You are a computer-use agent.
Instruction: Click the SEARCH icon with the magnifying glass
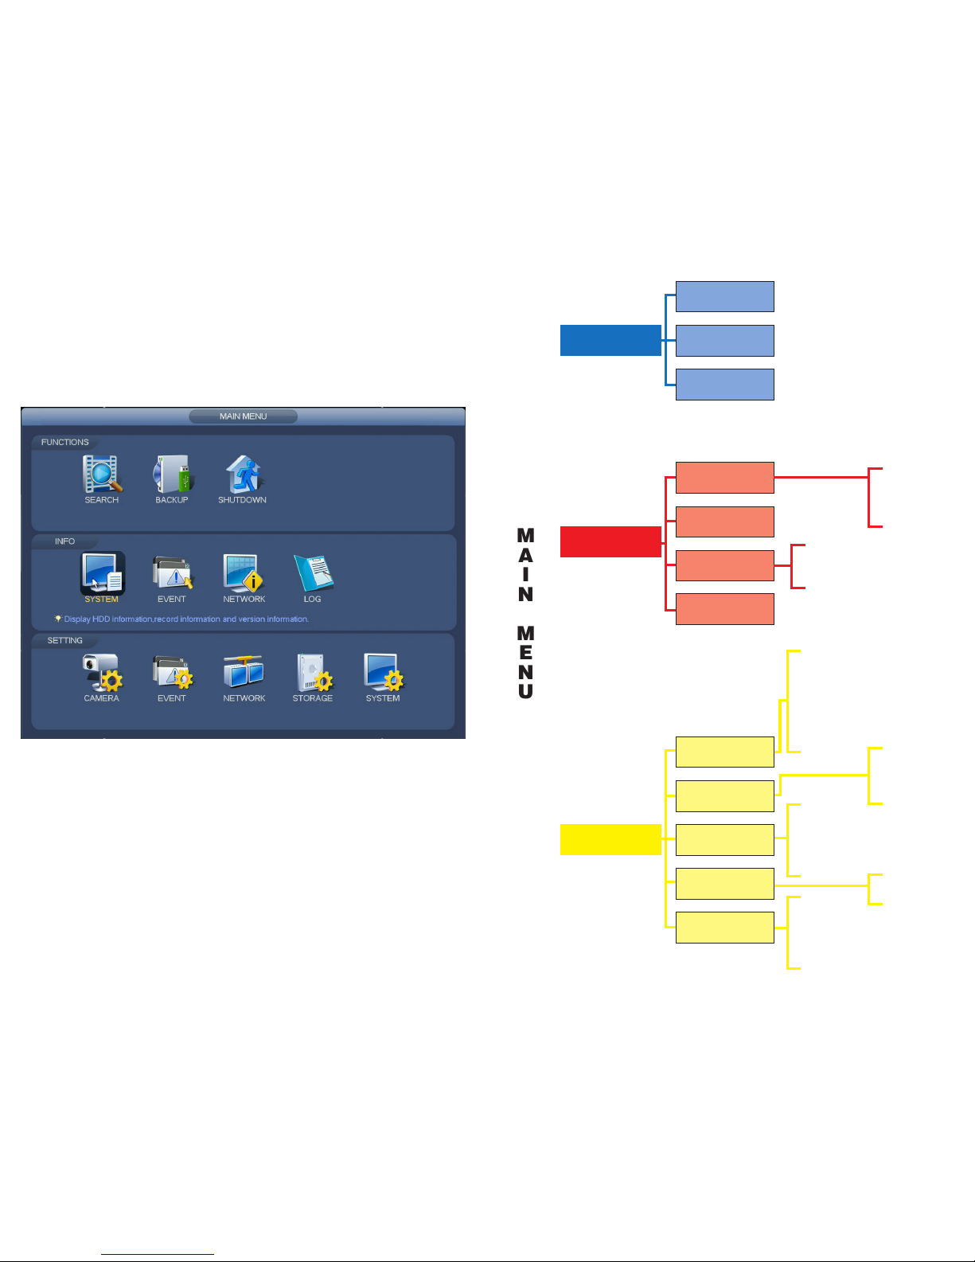click(102, 474)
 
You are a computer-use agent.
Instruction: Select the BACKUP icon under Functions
click(173, 474)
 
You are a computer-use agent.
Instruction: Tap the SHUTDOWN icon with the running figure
click(244, 474)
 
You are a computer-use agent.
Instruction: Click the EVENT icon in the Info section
click(173, 573)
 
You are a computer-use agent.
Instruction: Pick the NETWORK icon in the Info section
click(244, 573)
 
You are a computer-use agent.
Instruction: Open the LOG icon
click(314, 573)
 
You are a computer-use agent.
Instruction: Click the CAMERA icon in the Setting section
click(102, 673)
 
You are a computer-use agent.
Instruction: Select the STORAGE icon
click(314, 673)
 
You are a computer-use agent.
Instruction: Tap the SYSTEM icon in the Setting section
click(384, 673)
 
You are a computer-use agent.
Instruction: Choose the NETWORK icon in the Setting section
click(244, 673)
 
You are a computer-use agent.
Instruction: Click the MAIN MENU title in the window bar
click(244, 416)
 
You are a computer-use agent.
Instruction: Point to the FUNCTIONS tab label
click(65, 442)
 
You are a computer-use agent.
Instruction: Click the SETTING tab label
click(65, 641)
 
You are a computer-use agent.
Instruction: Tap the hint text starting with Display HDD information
click(185, 619)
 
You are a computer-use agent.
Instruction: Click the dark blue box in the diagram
click(610, 340)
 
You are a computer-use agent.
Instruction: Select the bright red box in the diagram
click(610, 542)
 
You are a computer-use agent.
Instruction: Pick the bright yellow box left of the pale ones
click(610, 840)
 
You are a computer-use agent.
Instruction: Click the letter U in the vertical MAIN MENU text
click(526, 691)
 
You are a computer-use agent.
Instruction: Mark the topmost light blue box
click(725, 297)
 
